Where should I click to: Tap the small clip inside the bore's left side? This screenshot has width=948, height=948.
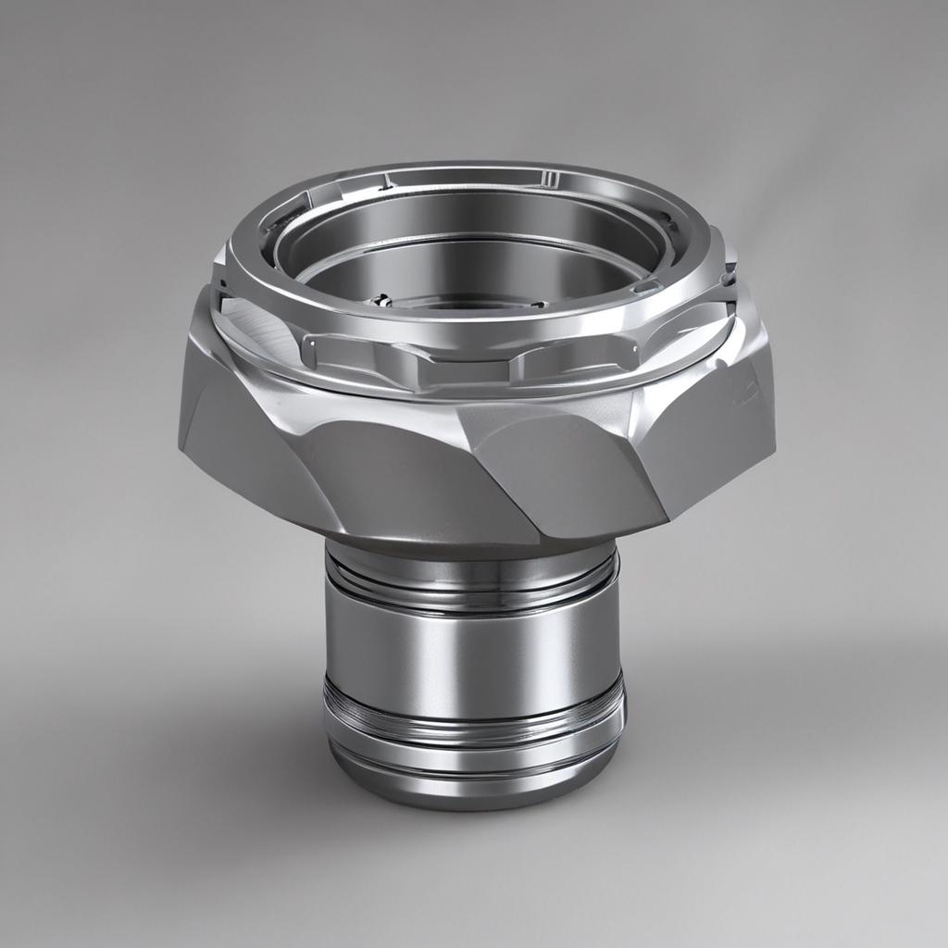(380, 300)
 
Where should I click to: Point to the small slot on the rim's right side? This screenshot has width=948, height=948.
(647, 287)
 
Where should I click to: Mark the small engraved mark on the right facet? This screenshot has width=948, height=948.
(743, 389)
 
